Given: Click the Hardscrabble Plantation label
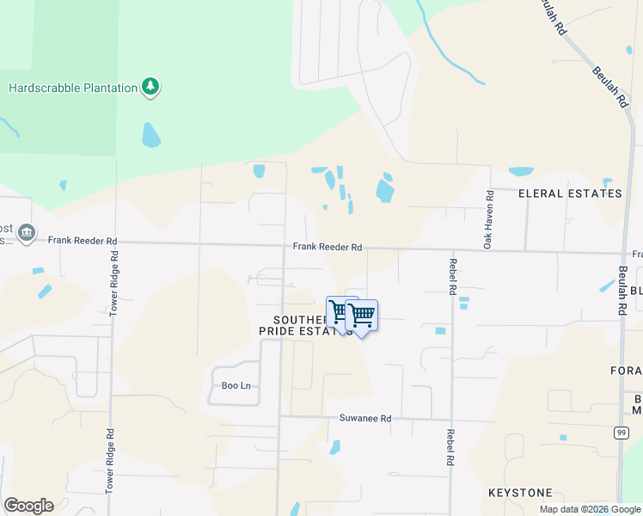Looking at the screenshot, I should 73,88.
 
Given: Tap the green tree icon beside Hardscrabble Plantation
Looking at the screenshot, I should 151,86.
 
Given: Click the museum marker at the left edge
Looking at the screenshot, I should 27,232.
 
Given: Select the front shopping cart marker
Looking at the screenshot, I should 362,316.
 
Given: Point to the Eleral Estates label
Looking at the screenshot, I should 570,193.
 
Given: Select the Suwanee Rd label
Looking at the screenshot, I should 365,419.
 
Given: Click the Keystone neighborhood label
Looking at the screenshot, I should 520,493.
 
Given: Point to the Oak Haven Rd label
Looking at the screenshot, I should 487,219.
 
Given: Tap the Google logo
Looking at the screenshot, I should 28,506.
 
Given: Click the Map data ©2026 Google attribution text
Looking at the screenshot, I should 590,509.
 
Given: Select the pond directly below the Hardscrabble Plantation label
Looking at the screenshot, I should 150,134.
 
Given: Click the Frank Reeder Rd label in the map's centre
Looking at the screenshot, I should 327,247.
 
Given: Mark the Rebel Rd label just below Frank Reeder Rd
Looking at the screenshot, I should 451,276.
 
